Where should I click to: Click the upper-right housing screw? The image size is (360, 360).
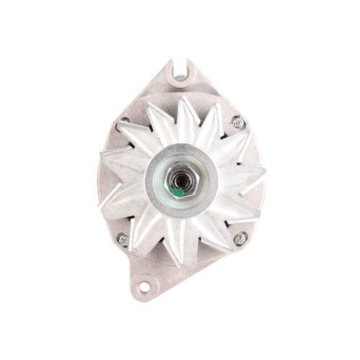[x=239, y=124]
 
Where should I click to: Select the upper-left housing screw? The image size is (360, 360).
[x=124, y=122]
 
